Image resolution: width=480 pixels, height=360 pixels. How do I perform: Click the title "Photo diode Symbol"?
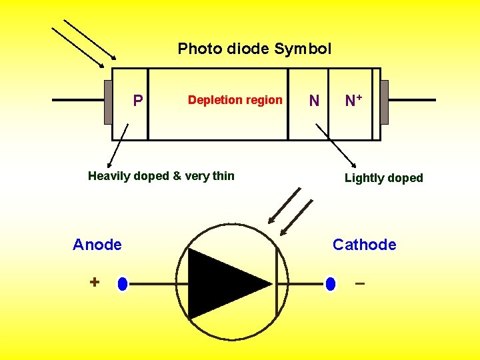[x=254, y=49]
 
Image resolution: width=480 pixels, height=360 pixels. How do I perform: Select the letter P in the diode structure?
[x=137, y=101]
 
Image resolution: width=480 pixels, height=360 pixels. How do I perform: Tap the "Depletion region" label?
[x=235, y=100]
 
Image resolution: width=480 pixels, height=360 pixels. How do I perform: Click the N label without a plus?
[x=314, y=101]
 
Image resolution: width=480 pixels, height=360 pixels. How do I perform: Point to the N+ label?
[x=353, y=101]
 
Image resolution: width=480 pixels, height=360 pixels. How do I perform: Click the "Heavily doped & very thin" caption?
[x=161, y=176]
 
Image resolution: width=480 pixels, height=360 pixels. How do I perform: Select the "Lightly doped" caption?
[x=383, y=178]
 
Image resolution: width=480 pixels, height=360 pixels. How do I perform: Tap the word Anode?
[x=97, y=245]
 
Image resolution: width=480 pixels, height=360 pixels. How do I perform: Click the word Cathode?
[x=364, y=245]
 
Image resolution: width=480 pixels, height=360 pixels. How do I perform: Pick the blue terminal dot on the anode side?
[x=122, y=284]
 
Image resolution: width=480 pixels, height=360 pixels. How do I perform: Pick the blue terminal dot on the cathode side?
[x=331, y=284]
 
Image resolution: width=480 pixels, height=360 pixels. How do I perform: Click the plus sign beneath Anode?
[x=95, y=283]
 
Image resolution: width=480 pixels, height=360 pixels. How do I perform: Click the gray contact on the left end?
[x=108, y=102]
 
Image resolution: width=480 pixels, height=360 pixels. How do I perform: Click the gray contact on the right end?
[x=384, y=102]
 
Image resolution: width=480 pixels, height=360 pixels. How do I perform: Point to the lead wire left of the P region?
[x=77, y=101]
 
